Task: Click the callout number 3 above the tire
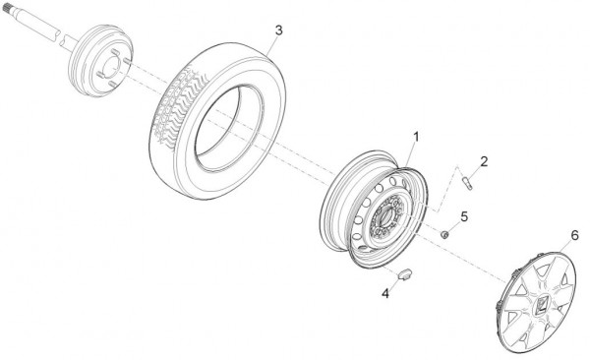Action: click(x=278, y=30)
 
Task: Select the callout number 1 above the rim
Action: click(x=416, y=137)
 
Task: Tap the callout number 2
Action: click(x=484, y=161)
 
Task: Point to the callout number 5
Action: click(x=464, y=217)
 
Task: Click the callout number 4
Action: click(x=385, y=293)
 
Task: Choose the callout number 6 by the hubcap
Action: click(x=574, y=235)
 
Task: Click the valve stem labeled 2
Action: click(x=467, y=184)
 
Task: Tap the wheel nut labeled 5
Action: click(x=444, y=235)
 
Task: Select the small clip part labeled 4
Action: click(x=405, y=274)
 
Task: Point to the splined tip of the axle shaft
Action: click(x=7, y=8)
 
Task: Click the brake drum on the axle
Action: click(x=100, y=60)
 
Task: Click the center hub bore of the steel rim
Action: click(x=387, y=218)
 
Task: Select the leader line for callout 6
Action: click(x=565, y=246)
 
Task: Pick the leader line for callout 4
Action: click(x=394, y=282)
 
